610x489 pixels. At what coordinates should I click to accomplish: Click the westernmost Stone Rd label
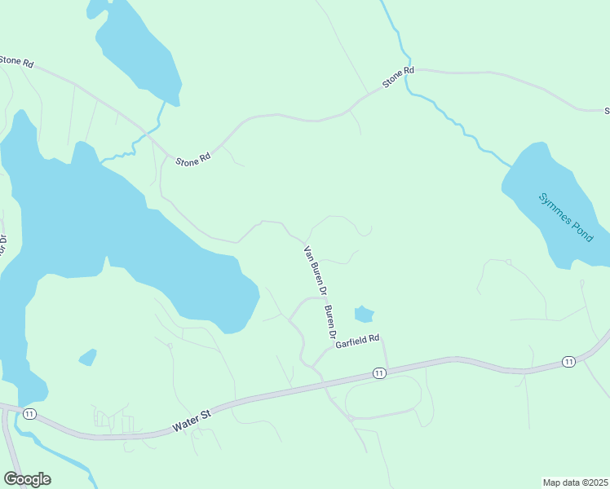click(17, 61)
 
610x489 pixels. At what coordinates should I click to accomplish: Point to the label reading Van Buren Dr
click(315, 270)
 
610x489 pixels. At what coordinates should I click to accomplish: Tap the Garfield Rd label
click(357, 341)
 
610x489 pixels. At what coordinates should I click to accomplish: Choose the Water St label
click(192, 421)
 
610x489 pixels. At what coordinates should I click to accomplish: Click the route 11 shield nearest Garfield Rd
click(379, 372)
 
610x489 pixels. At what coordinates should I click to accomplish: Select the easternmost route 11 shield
click(568, 361)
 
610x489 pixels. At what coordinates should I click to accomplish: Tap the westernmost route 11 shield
click(29, 414)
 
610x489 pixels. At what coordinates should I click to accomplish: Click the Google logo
click(27, 479)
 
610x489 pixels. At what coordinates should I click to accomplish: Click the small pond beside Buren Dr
click(364, 314)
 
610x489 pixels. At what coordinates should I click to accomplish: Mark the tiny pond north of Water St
click(87, 357)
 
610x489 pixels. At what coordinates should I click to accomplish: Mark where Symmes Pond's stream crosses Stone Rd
click(409, 75)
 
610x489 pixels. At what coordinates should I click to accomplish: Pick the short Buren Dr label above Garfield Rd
click(330, 322)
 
